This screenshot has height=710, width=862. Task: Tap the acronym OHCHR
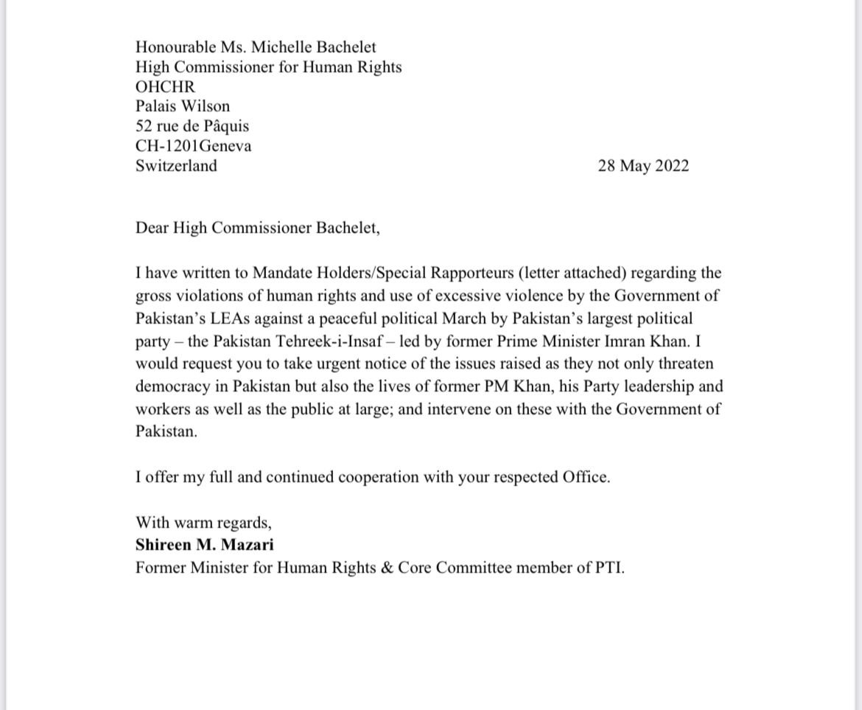tap(166, 86)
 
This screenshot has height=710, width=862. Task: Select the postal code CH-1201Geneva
tap(194, 146)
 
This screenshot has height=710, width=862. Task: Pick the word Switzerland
tap(176, 166)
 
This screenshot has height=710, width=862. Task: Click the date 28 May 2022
tap(643, 166)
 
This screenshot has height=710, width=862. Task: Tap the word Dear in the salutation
tap(152, 228)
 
